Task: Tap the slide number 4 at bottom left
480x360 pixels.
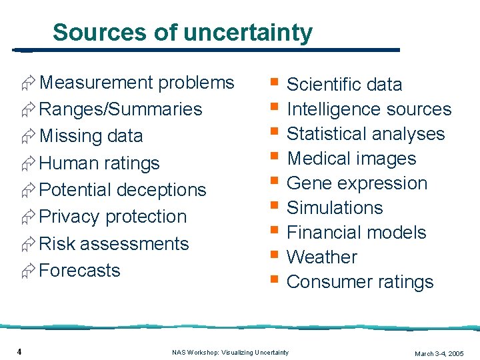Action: click(21, 351)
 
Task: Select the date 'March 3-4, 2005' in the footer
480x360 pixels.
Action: click(439, 353)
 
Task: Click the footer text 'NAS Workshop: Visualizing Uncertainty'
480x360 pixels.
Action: click(230, 352)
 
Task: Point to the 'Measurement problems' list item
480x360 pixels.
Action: click(137, 83)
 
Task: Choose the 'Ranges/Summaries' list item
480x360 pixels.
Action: click(121, 109)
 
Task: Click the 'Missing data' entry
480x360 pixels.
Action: click(91, 136)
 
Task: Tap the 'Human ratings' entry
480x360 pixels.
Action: click(99, 163)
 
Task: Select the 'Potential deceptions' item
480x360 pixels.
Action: click(123, 190)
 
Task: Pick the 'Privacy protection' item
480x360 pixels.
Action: click(113, 217)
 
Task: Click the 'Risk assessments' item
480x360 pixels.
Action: click(114, 244)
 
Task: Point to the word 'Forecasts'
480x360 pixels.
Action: click(80, 271)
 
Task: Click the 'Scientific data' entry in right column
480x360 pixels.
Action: click(344, 85)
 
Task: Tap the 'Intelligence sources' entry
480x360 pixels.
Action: click(369, 109)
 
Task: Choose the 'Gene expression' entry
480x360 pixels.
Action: click(357, 183)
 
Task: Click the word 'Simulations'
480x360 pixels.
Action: click(335, 208)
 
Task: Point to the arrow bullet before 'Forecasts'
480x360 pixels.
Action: click(29, 271)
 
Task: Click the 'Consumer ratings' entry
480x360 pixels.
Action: click(360, 282)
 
